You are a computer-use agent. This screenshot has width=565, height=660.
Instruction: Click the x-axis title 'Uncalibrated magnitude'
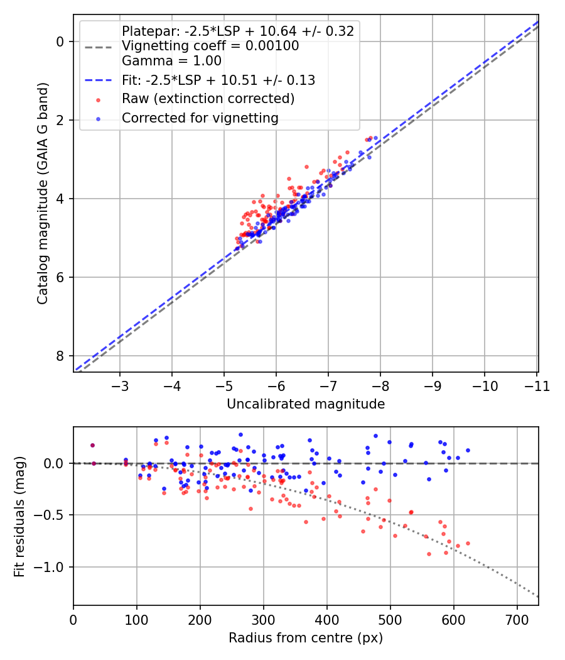click(306, 404)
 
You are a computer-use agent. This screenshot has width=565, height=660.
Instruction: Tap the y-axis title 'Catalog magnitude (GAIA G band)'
click(43, 193)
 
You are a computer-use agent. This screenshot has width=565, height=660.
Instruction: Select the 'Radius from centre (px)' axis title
click(306, 638)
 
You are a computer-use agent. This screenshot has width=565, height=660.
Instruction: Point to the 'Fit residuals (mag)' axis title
click(19, 517)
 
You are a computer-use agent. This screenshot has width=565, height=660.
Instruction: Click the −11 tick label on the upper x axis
click(537, 386)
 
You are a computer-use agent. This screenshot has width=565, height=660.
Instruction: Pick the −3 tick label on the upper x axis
click(120, 386)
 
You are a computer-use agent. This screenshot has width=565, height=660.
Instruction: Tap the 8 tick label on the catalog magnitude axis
click(60, 356)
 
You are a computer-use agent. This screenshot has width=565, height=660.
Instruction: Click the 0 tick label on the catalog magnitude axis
click(60, 41)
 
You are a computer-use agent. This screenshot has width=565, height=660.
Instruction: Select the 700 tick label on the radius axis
click(517, 620)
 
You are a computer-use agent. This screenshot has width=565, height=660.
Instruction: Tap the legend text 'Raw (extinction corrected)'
click(208, 99)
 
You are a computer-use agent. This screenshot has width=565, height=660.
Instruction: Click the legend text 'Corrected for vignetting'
click(200, 118)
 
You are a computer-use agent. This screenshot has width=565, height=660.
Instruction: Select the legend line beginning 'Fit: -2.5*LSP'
click(218, 80)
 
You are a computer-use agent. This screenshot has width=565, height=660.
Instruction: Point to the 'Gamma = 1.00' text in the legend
click(171, 60)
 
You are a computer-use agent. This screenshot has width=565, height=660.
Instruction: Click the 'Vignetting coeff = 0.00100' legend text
click(210, 45)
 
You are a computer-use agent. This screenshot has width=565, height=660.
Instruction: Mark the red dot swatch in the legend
click(98, 100)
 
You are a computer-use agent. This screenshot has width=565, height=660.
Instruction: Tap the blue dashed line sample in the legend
click(98, 80)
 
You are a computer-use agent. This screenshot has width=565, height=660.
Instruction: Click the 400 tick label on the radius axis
click(326, 620)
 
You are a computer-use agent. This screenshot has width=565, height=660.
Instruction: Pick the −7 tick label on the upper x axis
click(328, 386)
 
